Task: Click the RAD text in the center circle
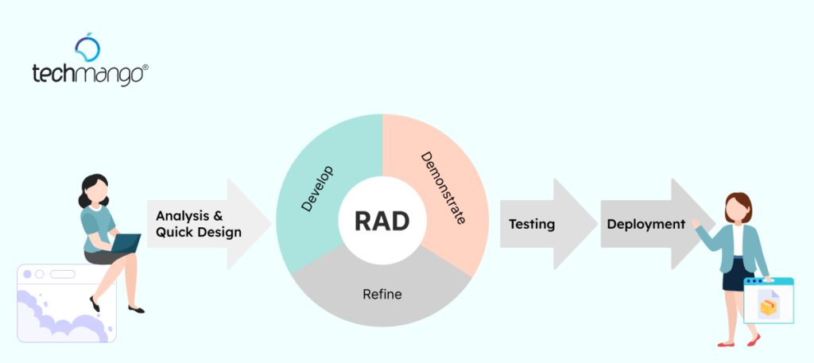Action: (x=382, y=220)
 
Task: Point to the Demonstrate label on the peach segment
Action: (x=443, y=187)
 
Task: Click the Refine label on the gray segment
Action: (x=382, y=294)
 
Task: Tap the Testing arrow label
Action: (x=532, y=224)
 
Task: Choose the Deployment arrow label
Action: (x=645, y=224)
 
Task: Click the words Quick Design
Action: (x=199, y=232)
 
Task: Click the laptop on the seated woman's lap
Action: (x=125, y=243)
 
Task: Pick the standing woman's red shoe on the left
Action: (x=726, y=343)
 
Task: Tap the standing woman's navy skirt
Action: (x=732, y=275)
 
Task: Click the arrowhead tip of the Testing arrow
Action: (x=595, y=224)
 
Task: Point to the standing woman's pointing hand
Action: (x=697, y=224)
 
